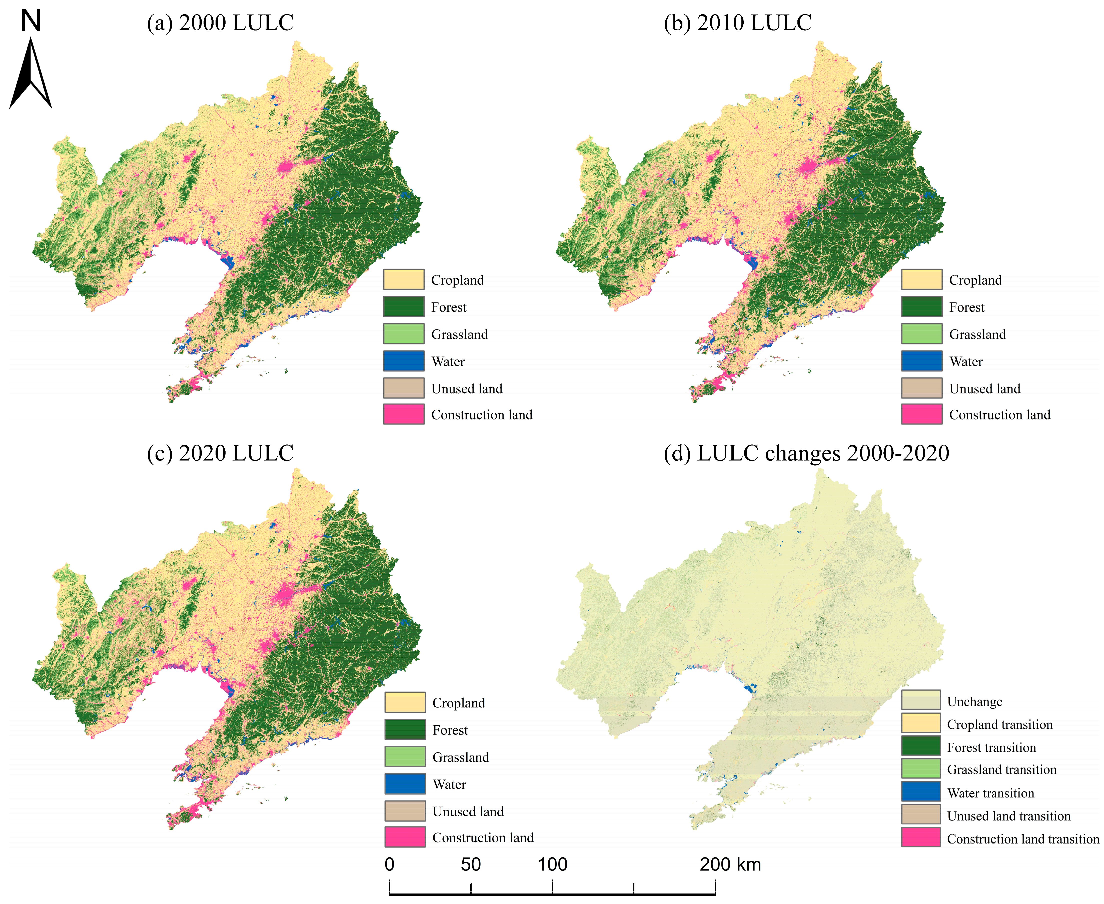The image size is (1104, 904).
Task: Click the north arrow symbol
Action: click(x=31, y=73)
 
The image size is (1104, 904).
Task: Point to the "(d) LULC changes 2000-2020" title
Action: click(x=806, y=453)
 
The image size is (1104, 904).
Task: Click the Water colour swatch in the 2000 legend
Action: click(x=404, y=361)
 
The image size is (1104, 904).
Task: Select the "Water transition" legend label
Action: click(x=990, y=793)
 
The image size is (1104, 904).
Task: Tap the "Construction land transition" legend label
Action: click(x=1023, y=839)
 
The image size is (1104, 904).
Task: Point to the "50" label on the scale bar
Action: click(x=471, y=864)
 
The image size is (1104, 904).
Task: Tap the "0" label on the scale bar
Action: click(x=390, y=864)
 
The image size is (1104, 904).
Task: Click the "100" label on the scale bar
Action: click(x=552, y=864)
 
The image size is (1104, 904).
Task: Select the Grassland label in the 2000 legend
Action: click(x=459, y=334)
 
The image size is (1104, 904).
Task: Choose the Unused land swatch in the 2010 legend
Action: click(x=921, y=388)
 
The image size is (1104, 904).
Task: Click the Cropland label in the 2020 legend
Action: click(x=458, y=703)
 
